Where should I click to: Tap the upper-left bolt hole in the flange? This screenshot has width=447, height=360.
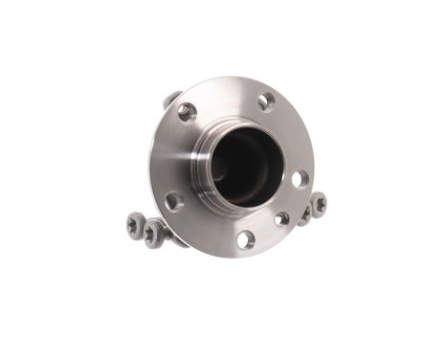[x=188, y=111]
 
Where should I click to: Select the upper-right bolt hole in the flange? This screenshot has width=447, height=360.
[x=266, y=100]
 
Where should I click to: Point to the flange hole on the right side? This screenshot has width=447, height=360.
[x=300, y=178]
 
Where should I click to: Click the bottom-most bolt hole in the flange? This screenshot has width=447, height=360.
[x=246, y=239]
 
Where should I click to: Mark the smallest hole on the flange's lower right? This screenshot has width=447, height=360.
[x=281, y=219]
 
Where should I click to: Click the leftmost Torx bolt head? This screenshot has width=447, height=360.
[x=135, y=223]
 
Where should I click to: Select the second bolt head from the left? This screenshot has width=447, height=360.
[x=152, y=231]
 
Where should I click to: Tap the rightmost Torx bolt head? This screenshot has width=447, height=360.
[x=319, y=203]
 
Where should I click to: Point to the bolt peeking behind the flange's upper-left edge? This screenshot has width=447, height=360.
[x=169, y=99]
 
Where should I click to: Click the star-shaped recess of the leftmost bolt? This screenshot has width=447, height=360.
[x=135, y=223]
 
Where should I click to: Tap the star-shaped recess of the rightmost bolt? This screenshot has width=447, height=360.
[x=319, y=203]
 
